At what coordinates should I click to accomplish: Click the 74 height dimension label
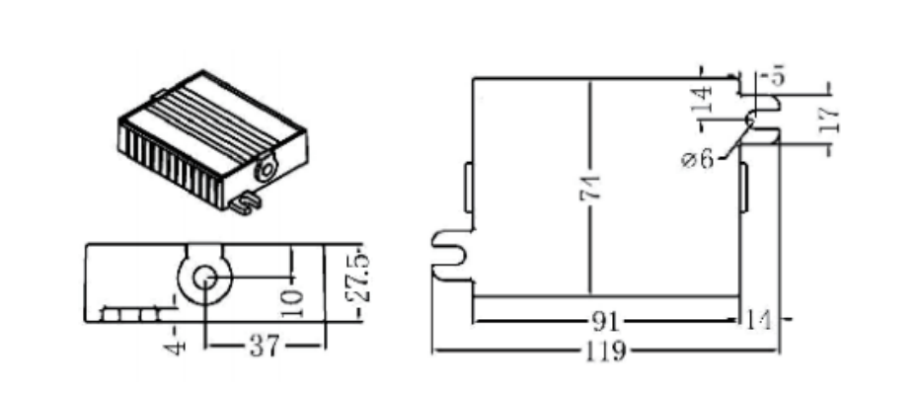(590, 188)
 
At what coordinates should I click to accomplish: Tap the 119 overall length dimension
(605, 352)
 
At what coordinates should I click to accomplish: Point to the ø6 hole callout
(699, 159)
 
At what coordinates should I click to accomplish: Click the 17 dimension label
(830, 119)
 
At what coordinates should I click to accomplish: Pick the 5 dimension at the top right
(778, 77)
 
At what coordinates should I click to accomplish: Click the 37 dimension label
(264, 347)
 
